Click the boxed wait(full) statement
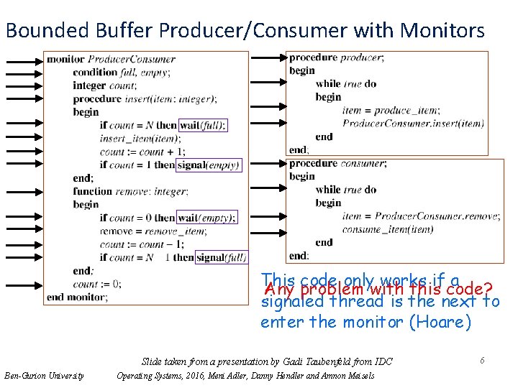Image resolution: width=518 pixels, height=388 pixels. click(x=202, y=125)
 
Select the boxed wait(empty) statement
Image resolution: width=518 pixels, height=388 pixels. click(x=206, y=218)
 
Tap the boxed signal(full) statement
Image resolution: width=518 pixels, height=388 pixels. click(x=221, y=257)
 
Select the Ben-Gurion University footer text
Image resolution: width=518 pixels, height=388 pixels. click(x=44, y=375)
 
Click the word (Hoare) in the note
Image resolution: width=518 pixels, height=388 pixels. click(x=440, y=321)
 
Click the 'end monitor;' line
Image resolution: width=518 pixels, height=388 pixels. click(x=78, y=297)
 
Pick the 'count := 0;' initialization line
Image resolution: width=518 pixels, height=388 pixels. click(x=96, y=284)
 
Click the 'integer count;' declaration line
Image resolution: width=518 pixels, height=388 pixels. click(x=105, y=86)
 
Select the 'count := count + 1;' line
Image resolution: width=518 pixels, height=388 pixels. click(x=142, y=152)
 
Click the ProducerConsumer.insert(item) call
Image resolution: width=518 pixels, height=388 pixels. click(x=413, y=123)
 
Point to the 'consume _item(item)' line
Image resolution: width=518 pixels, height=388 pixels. click(x=387, y=229)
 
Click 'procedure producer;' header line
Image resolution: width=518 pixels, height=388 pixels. click(x=336, y=57)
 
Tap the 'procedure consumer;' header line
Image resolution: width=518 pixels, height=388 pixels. click(x=337, y=163)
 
